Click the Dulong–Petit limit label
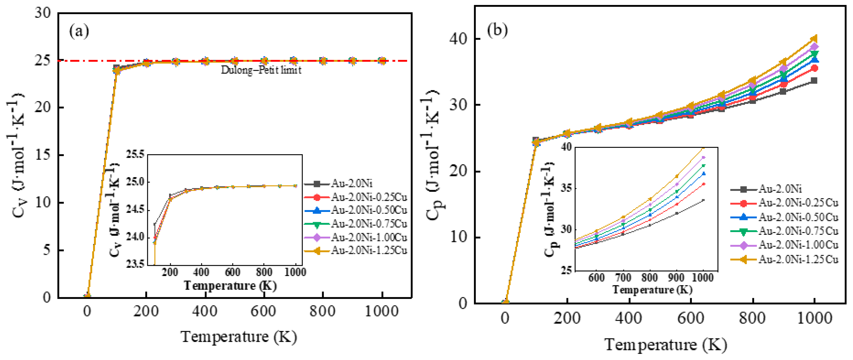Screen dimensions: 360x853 coord(261,70)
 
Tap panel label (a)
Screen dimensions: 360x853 coord(79,31)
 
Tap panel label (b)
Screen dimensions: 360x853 coord(497,30)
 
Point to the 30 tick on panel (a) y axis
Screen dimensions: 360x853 coord(43,13)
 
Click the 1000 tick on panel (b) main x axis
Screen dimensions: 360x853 coord(814,319)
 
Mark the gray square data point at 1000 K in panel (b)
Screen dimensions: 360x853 coord(814,80)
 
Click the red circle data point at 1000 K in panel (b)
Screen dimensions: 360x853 coord(814,69)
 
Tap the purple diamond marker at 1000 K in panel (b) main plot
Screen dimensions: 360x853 coord(814,47)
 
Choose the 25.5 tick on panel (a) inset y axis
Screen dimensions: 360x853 coord(135,154)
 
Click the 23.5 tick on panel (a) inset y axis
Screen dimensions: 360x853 coord(135,264)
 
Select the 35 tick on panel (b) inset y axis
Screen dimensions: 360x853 coord(566,188)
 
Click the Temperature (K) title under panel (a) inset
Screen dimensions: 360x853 coord(230,285)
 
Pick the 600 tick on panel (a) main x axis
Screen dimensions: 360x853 coord(264,312)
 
